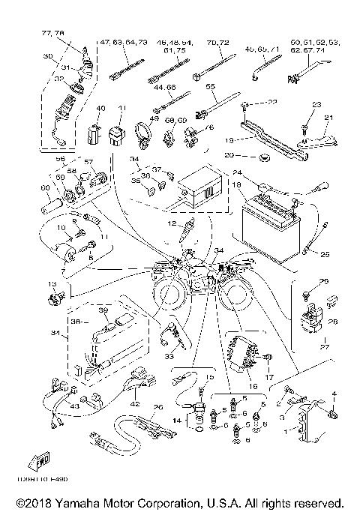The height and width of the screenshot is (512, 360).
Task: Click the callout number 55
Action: click(211, 87)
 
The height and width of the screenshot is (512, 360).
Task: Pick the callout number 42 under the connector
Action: click(136, 404)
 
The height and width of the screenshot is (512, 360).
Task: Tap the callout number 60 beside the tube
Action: click(44, 187)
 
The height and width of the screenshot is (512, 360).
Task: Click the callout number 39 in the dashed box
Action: click(104, 310)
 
